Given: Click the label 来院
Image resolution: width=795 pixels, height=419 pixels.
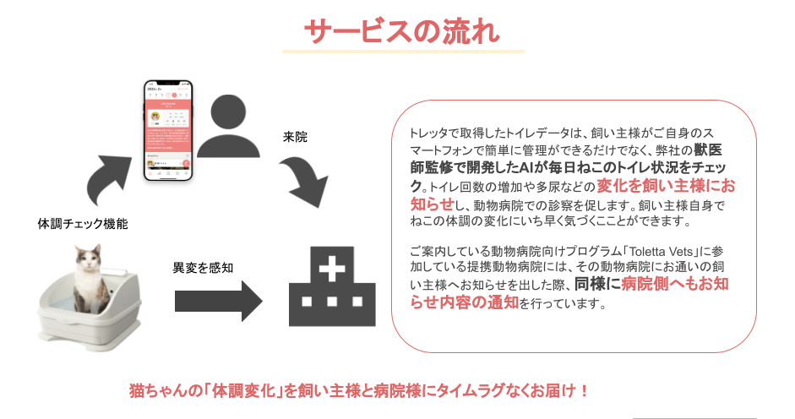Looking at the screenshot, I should (x=295, y=136).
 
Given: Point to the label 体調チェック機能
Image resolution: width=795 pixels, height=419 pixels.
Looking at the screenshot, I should (x=83, y=225).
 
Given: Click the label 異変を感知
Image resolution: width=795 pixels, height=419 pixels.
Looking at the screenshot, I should (x=203, y=268).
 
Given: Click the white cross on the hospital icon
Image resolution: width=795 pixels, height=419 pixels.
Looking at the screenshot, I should (x=331, y=272).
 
